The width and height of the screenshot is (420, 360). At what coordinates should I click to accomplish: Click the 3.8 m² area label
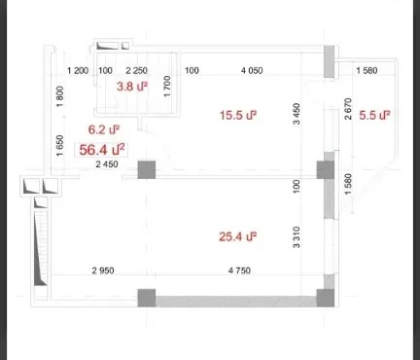click(x=132, y=87)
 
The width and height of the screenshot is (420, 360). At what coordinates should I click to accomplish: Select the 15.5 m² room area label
click(x=238, y=115)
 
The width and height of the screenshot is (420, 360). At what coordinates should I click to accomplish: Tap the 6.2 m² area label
click(x=104, y=129)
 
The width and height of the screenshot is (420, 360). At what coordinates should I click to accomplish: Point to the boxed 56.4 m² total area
click(x=102, y=150)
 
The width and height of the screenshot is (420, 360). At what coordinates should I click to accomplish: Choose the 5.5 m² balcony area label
click(x=374, y=115)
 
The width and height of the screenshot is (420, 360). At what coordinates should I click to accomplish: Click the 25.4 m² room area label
click(x=238, y=236)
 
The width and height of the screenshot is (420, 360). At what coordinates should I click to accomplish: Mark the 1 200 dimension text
click(x=78, y=70)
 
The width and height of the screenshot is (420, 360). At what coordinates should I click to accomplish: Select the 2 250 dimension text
click(x=136, y=70)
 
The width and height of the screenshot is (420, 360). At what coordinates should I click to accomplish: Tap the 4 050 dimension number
click(x=252, y=70)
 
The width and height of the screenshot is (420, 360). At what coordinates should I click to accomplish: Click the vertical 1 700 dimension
click(x=167, y=86)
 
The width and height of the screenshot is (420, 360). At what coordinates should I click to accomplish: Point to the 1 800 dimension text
click(x=60, y=96)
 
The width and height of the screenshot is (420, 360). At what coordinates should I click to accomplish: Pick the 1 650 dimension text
click(x=60, y=146)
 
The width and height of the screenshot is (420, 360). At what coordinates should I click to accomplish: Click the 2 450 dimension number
click(x=107, y=164)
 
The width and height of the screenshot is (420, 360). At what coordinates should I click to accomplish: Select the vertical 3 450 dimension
click(x=297, y=114)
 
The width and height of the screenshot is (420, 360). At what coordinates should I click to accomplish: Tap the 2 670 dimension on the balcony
click(x=348, y=109)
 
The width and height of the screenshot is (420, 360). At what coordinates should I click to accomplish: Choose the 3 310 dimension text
click(x=297, y=237)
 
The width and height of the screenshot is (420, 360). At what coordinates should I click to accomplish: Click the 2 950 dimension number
click(x=103, y=270)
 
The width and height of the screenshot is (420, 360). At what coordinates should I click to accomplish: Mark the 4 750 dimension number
click(x=239, y=270)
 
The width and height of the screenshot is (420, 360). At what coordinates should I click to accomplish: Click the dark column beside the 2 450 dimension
click(x=147, y=169)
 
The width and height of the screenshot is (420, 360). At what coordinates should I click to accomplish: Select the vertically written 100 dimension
click(x=297, y=187)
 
